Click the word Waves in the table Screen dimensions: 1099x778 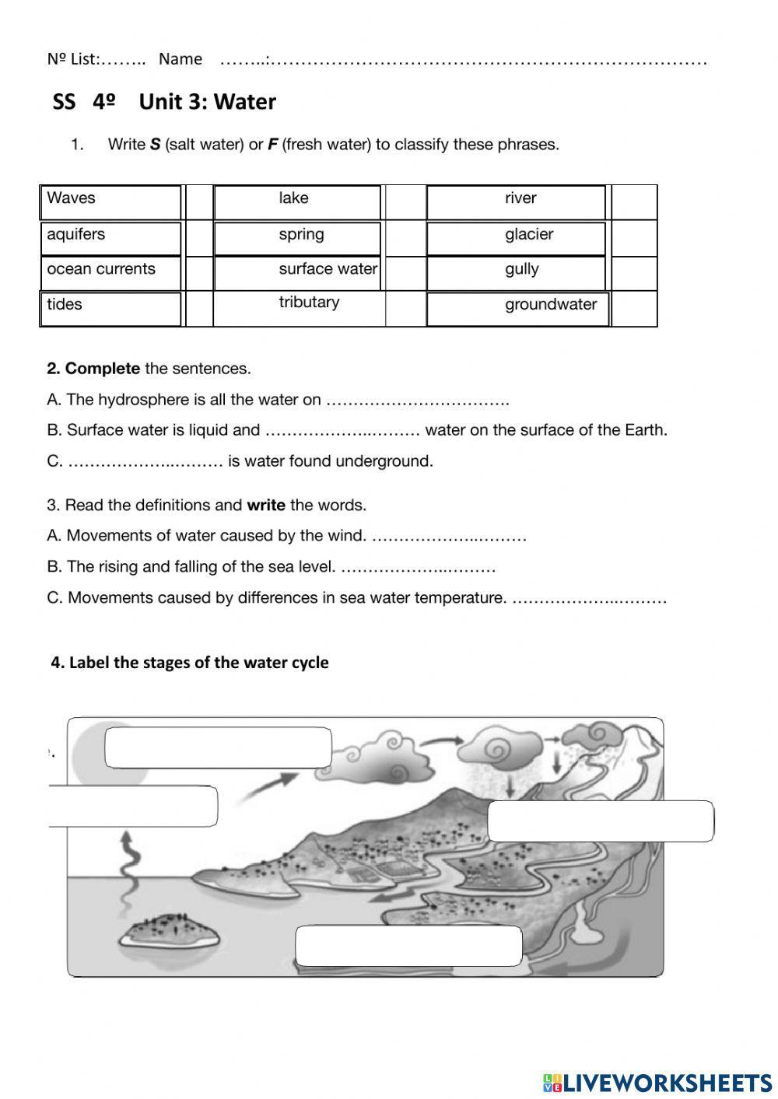[x=71, y=198]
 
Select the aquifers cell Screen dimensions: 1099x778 [x=76, y=235]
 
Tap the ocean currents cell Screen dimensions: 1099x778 [x=101, y=270]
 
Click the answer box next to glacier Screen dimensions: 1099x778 [x=634, y=238]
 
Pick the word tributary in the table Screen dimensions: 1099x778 [x=309, y=303]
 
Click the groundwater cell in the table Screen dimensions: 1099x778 [x=550, y=305]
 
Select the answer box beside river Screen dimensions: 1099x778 [x=634, y=202]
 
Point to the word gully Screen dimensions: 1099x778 [x=521, y=270]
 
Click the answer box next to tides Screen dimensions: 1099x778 [x=199, y=309]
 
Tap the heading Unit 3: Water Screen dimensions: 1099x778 [x=207, y=102]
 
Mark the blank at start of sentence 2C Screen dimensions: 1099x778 [x=145, y=462]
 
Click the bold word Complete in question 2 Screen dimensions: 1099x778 [x=103, y=369]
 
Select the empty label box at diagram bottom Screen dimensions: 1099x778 [x=408, y=946]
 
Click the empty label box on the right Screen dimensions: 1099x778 [x=600, y=821]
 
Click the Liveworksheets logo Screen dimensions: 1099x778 [x=657, y=1082]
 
